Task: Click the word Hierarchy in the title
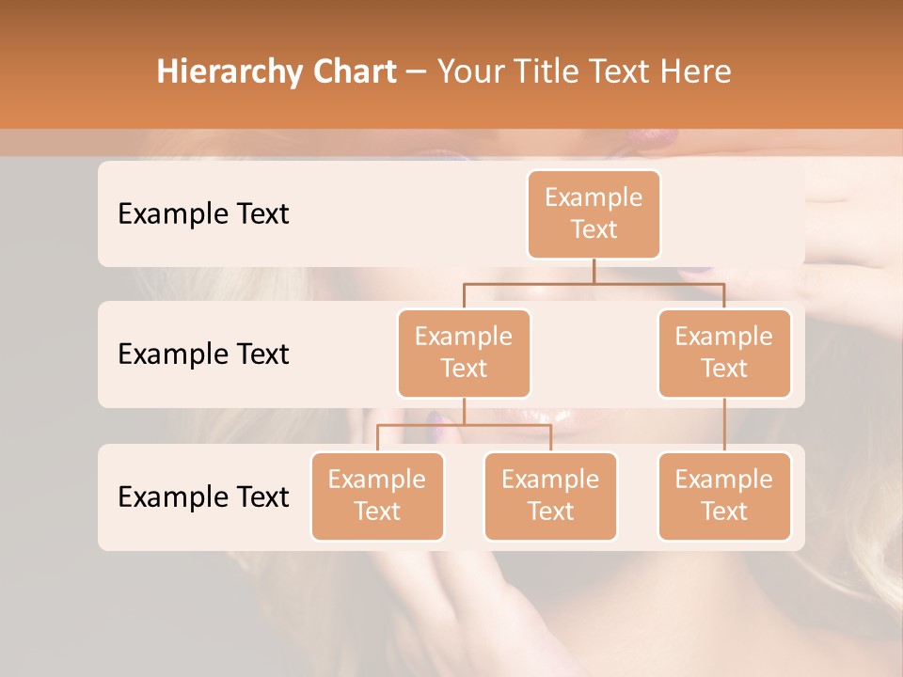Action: coord(229,72)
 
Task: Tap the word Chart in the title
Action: coord(354,71)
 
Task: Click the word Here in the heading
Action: coord(694,71)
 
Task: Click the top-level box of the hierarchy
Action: coord(594,213)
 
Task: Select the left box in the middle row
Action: coord(464,353)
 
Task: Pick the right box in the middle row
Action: coord(724,353)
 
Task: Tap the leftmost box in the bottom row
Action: coord(377,496)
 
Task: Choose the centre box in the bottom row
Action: coord(550,496)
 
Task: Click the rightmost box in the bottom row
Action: coord(724,496)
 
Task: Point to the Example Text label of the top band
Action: coord(203,213)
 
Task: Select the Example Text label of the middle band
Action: coord(203,354)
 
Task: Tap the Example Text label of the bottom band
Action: coord(203,496)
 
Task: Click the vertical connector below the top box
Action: coord(594,271)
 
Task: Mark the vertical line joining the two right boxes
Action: coord(724,424)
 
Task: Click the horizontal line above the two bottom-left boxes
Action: coord(464,425)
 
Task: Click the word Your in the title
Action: coord(468,71)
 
